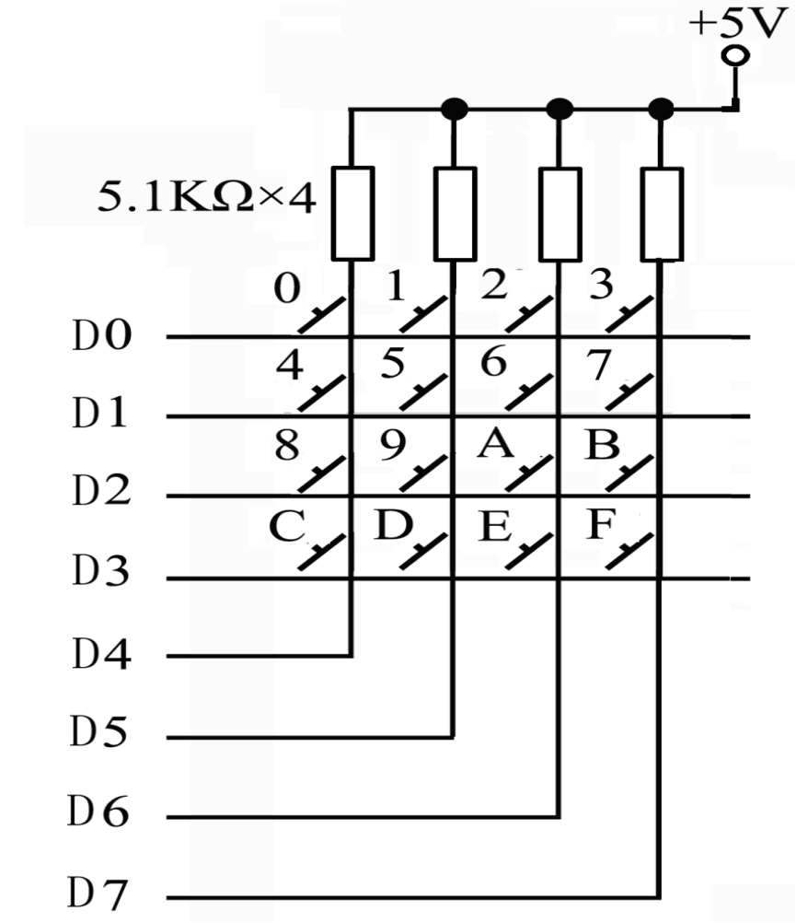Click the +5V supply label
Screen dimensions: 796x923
point(738,24)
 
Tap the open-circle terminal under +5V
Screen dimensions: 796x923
point(735,56)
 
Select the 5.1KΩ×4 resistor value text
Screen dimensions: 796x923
point(207,196)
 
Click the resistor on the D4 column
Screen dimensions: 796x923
point(352,213)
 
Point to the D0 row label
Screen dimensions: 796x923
point(102,335)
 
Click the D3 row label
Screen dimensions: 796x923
point(100,570)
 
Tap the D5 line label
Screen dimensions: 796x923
point(98,731)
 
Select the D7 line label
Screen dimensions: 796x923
point(98,893)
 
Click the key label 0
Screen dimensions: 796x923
point(287,288)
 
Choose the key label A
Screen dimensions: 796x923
point(495,443)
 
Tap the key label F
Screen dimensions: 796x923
point(600,524)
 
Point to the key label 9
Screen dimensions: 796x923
point(393,445)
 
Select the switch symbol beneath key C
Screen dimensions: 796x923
point(321,552)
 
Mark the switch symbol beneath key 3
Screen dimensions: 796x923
point(629,314)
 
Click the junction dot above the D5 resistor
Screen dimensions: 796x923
point(455,109)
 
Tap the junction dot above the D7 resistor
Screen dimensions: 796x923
point(662,109)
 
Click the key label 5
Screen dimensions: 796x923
point(393,363)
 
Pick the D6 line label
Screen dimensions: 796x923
point(98,812)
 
